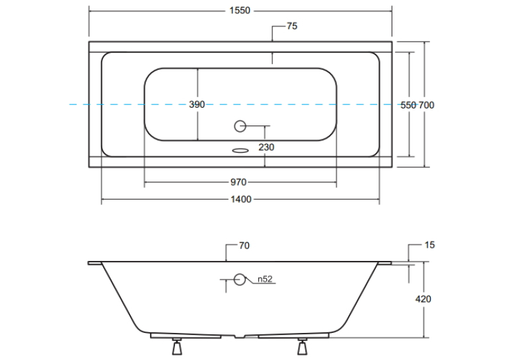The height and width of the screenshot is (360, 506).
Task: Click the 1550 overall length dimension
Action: click(240, 11)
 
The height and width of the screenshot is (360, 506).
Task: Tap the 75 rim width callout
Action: click(292, 26)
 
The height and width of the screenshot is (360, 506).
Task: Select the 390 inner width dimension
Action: click(197, 104)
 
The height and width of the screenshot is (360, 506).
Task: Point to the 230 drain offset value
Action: click(266, 147)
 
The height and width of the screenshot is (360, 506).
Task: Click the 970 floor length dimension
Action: click(238, 182)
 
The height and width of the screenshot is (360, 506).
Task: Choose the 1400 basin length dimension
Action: click(241, 199)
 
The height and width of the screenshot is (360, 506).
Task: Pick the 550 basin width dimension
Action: click(408, 105)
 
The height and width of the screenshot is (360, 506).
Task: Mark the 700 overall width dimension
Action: click(426, 105)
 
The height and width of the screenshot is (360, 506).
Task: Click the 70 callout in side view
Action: click(244, 246)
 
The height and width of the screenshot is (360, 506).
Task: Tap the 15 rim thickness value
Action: click(429, 245)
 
